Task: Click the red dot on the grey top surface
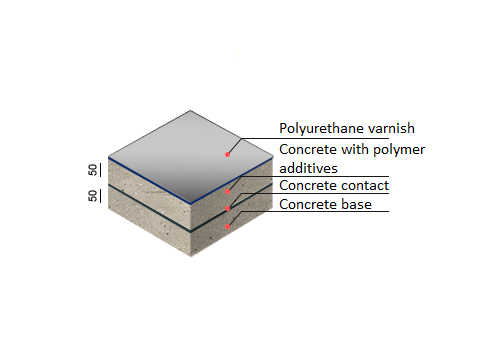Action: tap(227, 154)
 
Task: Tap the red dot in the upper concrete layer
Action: tap(228, 191)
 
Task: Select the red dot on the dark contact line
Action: tap(228, 208)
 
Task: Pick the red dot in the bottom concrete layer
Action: tap(228, 226)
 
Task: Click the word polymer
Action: tap(399, 150)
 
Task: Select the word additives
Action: tap(308, 168)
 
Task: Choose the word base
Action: tap(355, 204)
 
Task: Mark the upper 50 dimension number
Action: tap(93, 170)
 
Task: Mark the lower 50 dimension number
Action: tap(93, 196)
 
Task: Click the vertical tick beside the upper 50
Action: tap(100, 170)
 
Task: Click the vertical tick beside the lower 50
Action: tap(100, 196)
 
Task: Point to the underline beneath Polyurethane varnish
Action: tap(315, 138)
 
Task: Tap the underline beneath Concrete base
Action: tap(315, 211)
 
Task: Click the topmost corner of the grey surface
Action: tap(190, 110)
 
